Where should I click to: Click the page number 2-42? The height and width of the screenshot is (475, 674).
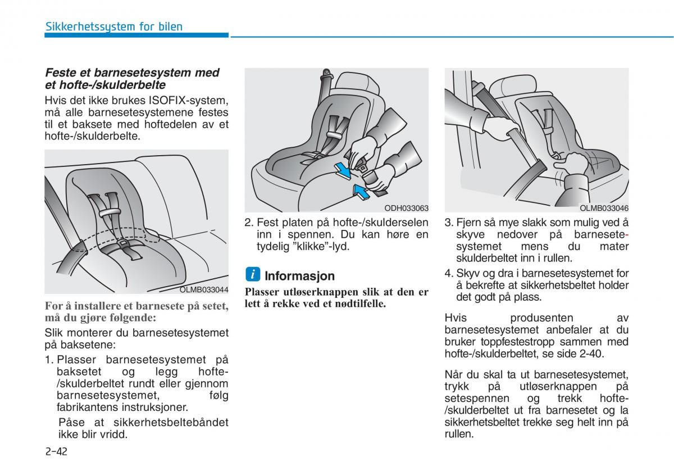click(x=56, y=451)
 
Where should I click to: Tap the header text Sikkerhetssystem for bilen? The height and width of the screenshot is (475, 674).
click(x=113, y=26)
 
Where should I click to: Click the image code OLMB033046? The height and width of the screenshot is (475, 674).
click(x=604, y=208)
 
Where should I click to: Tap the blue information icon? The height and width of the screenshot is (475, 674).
click(x=253, y=274)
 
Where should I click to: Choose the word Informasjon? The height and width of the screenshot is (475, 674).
click(x=299, y=276)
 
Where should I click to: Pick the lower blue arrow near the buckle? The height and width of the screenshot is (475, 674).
click(x=361, y=191)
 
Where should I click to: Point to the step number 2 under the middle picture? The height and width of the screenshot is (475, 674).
click(x=248, y=223)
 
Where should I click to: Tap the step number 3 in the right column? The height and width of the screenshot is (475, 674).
click(x=448, y=223)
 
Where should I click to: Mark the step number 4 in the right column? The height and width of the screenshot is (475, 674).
click(x=448, y=274)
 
